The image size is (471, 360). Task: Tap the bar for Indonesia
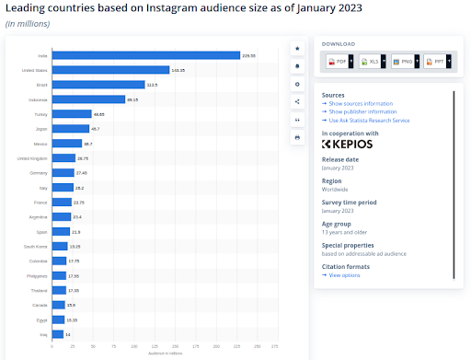(x=88, y=99)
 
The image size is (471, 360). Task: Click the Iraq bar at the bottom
(x=57, y=334)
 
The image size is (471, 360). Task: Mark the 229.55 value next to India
(x=248, y=55)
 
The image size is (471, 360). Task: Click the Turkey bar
(x=72, y=114)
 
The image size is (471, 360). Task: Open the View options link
(x=346, y=275)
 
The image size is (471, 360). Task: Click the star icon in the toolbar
(x=297, y=47)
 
